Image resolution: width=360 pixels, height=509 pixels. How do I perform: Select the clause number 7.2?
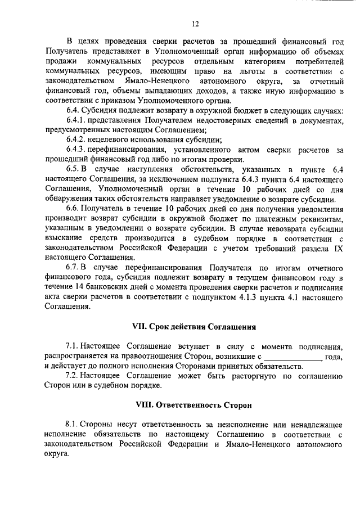(73, 376)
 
